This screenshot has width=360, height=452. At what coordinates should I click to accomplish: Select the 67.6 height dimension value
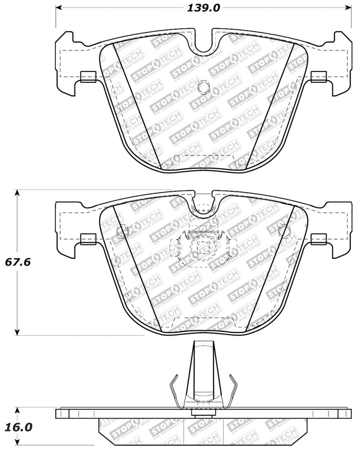tap(18, 262)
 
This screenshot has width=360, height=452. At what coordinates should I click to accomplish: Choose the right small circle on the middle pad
tap(284, 231)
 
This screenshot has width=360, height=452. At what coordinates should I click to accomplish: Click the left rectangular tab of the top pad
tap(88, 77)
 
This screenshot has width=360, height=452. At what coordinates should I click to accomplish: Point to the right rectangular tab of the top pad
tap(319, 77)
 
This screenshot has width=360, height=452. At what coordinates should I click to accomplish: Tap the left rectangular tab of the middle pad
tap(88, 239)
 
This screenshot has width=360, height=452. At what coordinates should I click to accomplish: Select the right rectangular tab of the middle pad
tap(319, 239)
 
